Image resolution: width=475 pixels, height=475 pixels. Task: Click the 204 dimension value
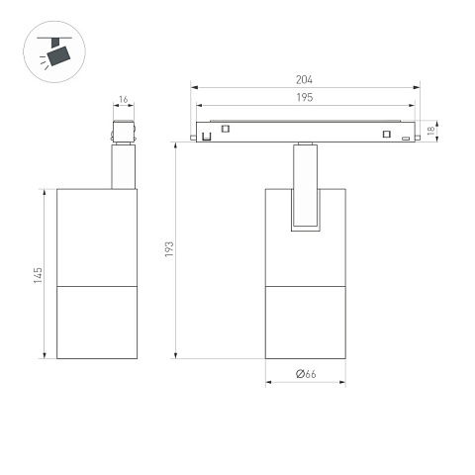304,80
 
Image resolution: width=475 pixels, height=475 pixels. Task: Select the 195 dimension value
304,97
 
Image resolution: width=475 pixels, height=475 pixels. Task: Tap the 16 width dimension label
123,99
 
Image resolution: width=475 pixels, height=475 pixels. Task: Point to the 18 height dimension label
430,131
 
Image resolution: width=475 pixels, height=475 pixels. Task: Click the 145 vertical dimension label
38,275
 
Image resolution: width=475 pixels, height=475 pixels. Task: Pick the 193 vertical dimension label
169,249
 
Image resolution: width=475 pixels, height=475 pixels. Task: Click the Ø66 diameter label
306,374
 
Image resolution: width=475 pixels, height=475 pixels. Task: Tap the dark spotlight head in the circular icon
58,55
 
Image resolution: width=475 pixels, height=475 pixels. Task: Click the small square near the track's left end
226,129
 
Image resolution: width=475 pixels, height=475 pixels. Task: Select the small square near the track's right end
387,134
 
